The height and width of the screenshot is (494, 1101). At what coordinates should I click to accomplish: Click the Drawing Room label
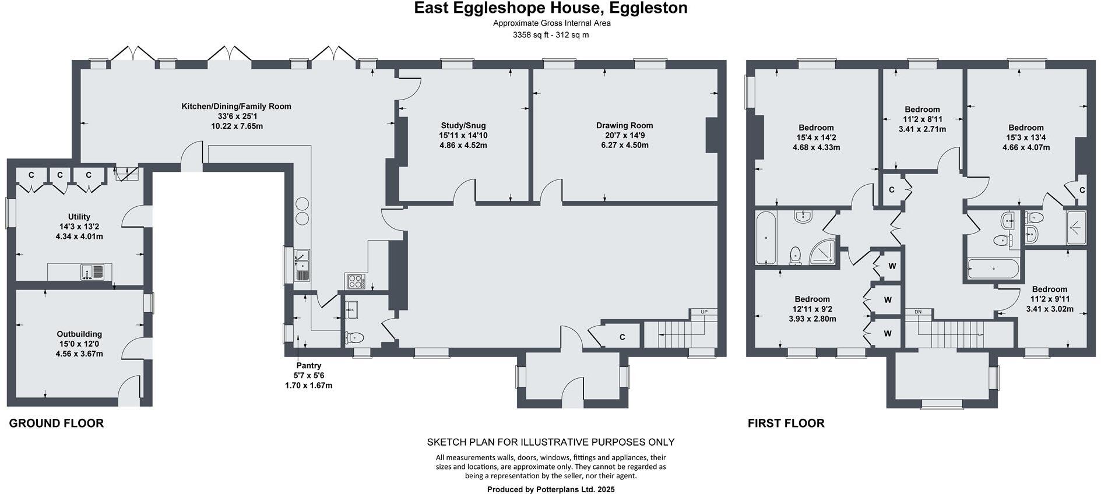tap(624, 125)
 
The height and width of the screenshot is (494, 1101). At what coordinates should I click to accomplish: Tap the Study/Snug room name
tap(463, 125)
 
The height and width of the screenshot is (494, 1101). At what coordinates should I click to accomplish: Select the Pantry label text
tap(308, 365)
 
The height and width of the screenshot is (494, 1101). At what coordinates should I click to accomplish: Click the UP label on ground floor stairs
tap(703, 312)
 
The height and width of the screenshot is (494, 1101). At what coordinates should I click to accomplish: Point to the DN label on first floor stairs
tap(918, 312)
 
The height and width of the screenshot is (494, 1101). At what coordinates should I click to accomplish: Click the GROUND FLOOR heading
tap(57, 424)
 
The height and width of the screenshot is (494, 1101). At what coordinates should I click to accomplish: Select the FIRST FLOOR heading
tap(786, 424)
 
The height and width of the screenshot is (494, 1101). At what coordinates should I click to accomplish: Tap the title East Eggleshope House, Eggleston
tap(550, 8)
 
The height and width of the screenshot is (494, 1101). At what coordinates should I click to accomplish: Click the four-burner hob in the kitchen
tap(354, 281)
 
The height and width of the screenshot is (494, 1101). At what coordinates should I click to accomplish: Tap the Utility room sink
tap(92, 271)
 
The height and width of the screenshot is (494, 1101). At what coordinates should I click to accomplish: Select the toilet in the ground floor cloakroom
tap(356, 337)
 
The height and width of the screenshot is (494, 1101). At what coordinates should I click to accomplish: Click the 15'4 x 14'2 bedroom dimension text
tap(816, 137)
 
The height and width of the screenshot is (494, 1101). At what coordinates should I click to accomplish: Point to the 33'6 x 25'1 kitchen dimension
tap(236, 117)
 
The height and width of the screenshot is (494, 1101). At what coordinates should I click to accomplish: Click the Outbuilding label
tap(79, 334)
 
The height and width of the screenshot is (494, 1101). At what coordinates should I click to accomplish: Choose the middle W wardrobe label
tap(888, 300)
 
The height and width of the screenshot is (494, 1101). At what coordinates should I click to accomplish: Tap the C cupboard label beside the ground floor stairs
tap(622, 337)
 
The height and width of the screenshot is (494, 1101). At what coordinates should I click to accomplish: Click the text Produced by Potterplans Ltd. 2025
tap(550, 489)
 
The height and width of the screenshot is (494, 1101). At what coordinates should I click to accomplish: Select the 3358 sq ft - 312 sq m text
tap(550, 35)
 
